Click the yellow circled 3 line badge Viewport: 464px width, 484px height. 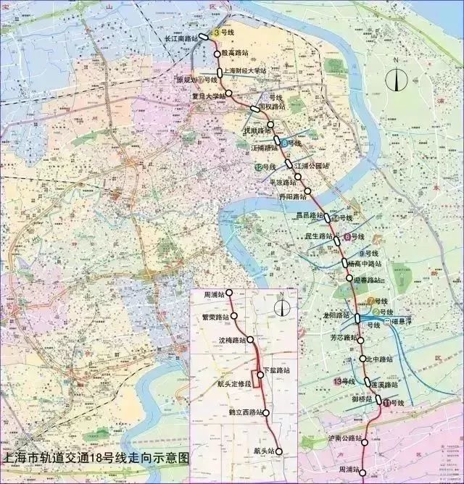(217, 33)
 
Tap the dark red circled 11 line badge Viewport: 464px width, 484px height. (388, 402)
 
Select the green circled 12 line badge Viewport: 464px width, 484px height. (258, 167)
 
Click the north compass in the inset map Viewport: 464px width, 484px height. (281, 306)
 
